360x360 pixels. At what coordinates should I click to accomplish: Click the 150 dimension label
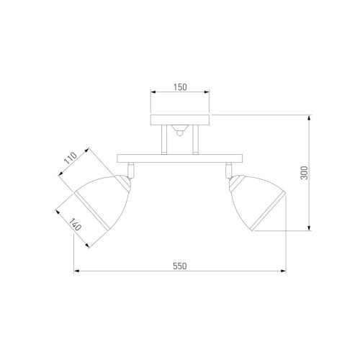click(180, 87)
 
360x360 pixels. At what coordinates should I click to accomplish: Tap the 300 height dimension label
click(304, 173)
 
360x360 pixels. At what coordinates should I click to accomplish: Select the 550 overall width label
click(180, 266)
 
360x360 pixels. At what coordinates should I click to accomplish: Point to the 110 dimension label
click(71, 158)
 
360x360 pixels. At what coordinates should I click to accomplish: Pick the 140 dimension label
click(75, 224)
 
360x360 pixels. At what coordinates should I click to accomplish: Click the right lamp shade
click(257, 202)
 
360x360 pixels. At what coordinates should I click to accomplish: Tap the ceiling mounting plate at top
click(180, 120)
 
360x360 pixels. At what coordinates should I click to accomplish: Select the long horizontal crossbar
click(179, 158)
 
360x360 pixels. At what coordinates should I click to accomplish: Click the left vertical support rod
click(164, 140)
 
